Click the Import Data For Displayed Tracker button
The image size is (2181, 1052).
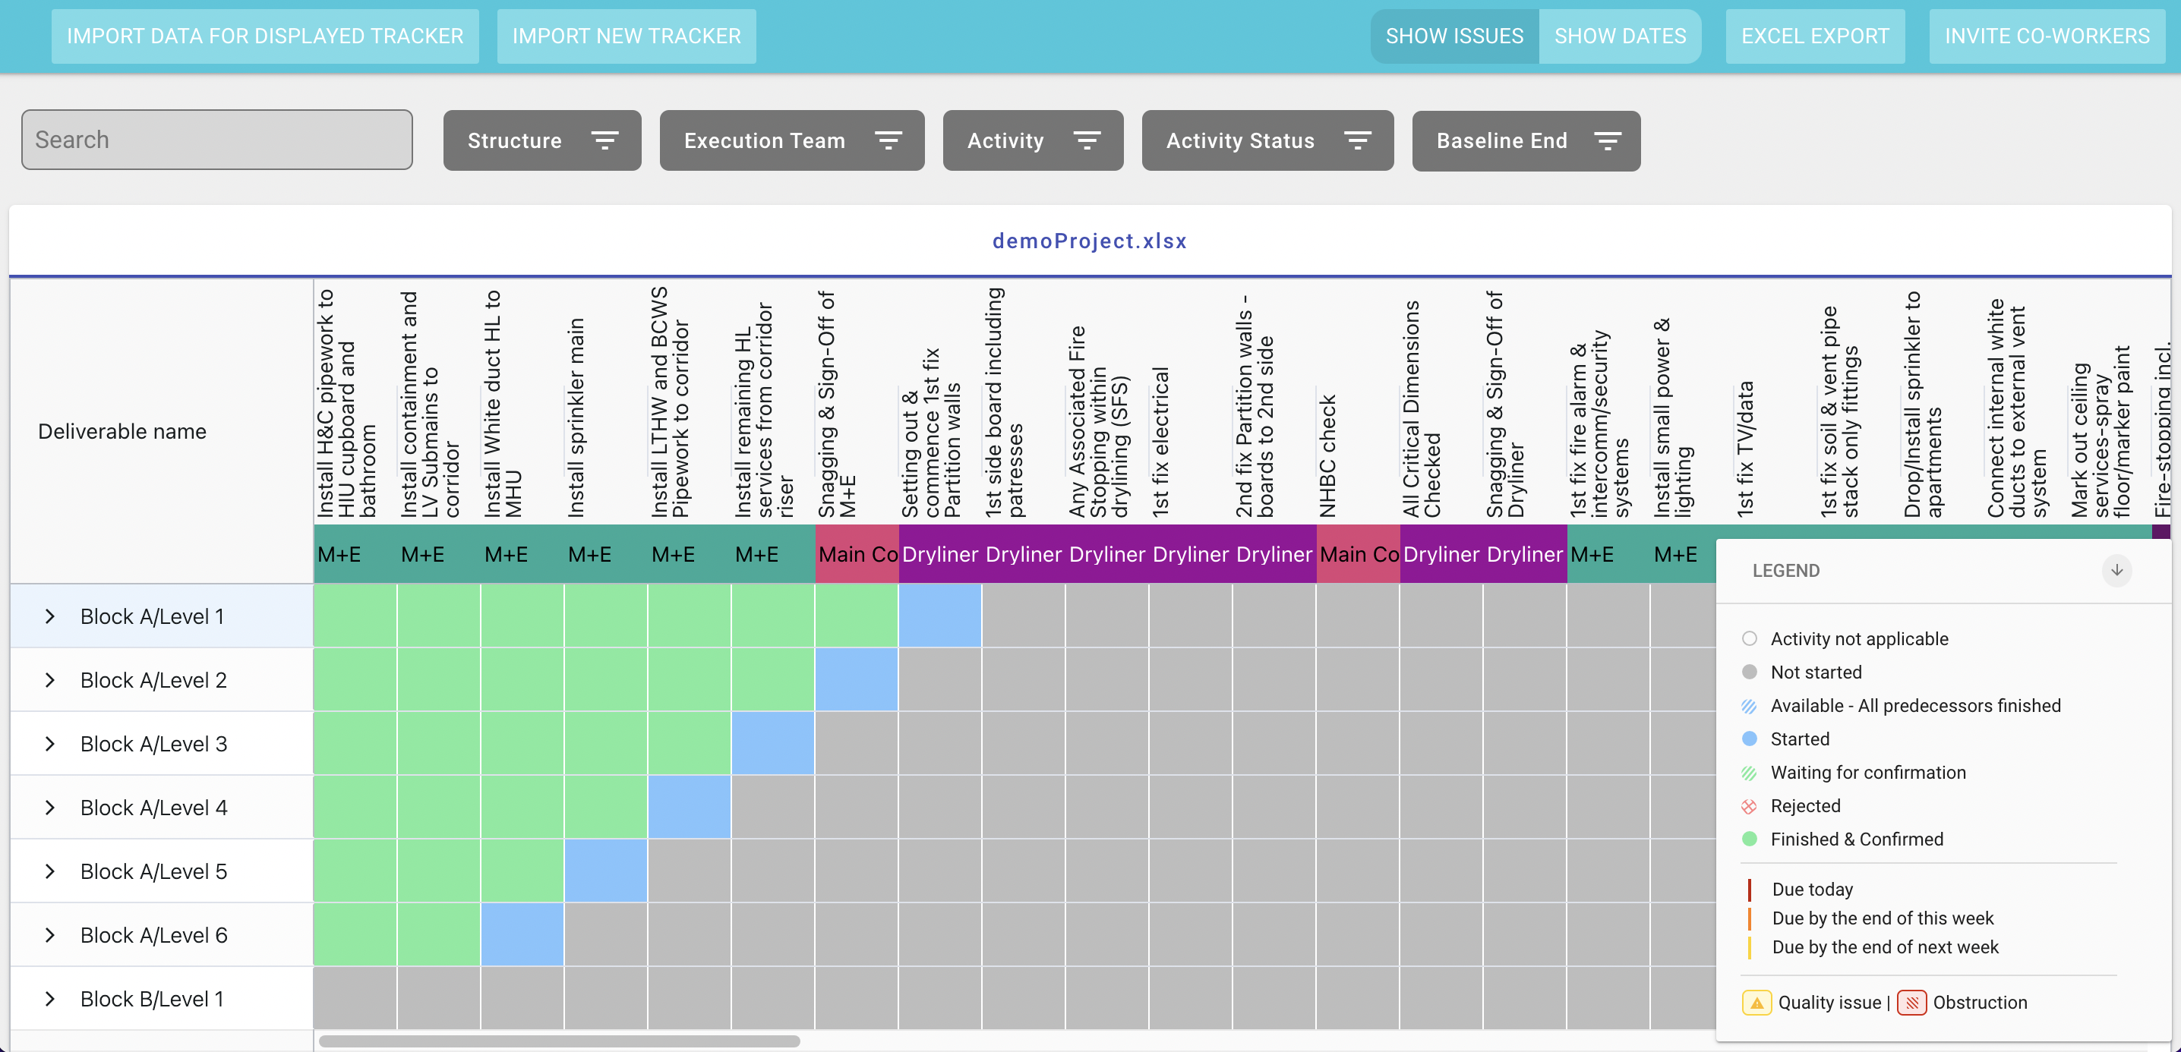[x=265, y=36]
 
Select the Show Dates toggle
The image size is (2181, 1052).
[x=1619, y=36]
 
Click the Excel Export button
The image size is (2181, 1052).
[x=1814, y=36]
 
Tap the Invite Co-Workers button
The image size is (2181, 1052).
[x=2047, y=36]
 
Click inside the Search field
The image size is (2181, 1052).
[x=216, y=140]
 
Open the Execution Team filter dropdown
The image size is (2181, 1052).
[x=791, y=140]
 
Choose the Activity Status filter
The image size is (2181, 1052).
[x=1267, y=140]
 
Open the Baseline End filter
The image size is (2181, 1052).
[x=1525, y=140]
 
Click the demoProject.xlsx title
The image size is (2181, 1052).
[x=1089, y=241]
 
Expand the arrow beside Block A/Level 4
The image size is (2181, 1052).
[x=50, y=808]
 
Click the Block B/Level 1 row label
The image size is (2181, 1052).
[x=153, y=999]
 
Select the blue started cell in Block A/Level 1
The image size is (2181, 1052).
[x=940, y=616]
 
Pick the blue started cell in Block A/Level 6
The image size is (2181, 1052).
[x=522, y=934]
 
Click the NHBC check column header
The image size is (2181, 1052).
[x=1327, y=457]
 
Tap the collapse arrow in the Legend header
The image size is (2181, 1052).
[x=2116, y=571]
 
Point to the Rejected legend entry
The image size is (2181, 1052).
[x=1804, y=806]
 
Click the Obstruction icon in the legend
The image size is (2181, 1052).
[x=1911, y=1003]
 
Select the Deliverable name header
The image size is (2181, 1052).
[x=122, y=432]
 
